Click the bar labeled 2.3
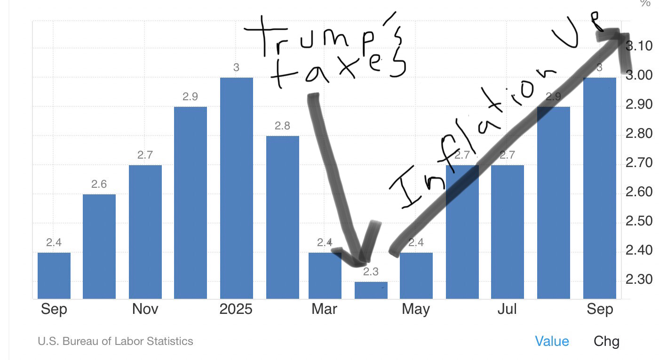[371, 290]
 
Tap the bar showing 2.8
[282, 217]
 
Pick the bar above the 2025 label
[236, 188]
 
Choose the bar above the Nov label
[145, 232]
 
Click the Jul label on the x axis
[507, 309]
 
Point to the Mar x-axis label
[324, 309]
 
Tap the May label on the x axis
[415, 309]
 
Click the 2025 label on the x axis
[236, 309]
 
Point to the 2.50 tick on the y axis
[639, 221]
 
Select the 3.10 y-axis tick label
[639, 46]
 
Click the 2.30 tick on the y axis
[639, 280]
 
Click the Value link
[552, 341]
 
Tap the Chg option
[606, 341]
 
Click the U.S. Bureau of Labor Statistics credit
[115, 341]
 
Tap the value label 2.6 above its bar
[99, 184]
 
